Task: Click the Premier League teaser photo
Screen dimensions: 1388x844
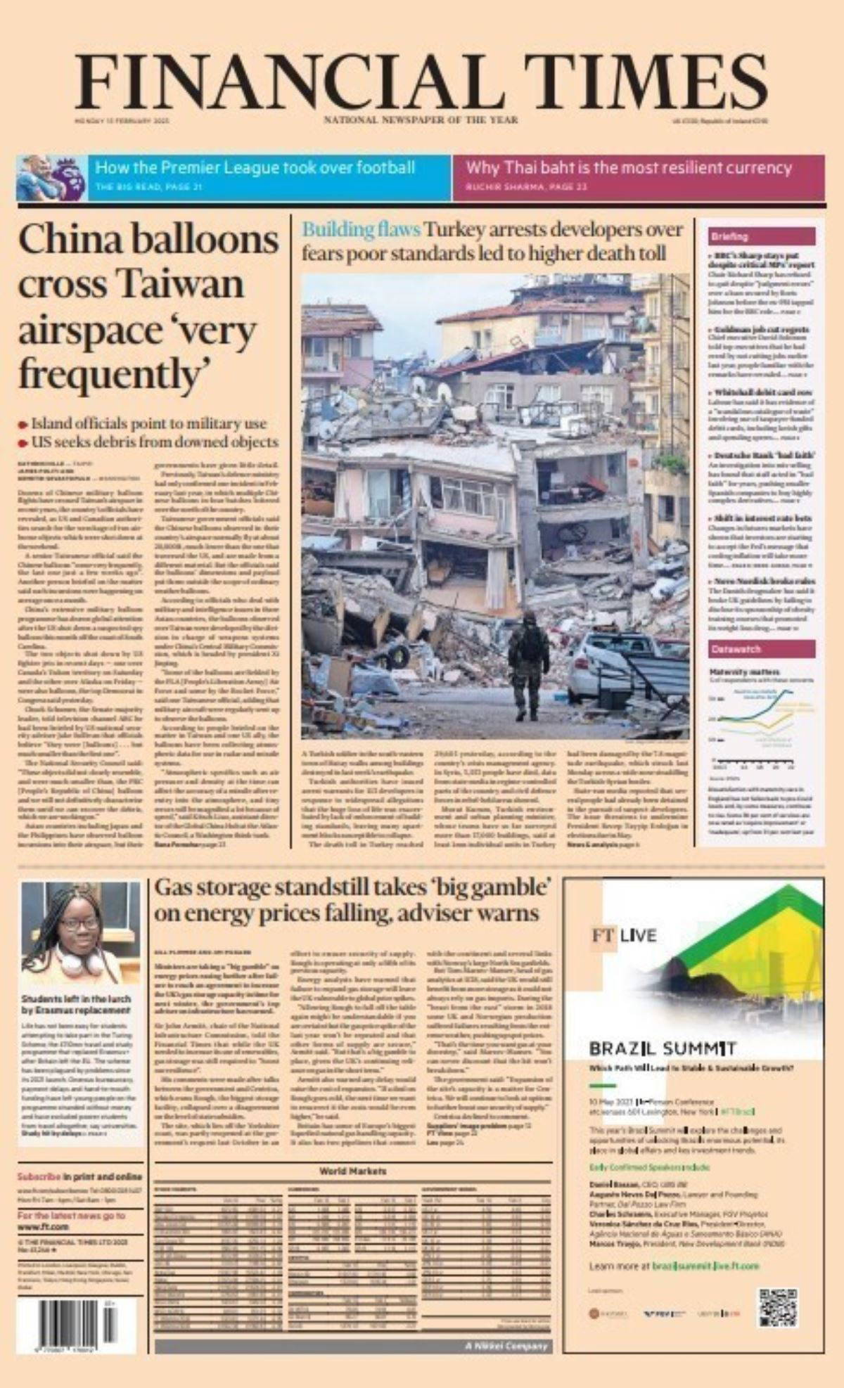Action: point(51,178)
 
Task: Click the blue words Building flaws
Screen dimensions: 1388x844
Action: point(362,230)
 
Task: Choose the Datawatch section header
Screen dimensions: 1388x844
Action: point(736,649)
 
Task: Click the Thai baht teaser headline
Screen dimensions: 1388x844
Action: point(629,168)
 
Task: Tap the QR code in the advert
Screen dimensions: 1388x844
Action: point(777,1307)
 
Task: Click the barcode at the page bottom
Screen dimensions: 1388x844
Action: point(77,1325)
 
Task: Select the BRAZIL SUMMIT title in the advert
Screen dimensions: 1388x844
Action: point(663,1049)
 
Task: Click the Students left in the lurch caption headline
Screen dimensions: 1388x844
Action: point(76,1004)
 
